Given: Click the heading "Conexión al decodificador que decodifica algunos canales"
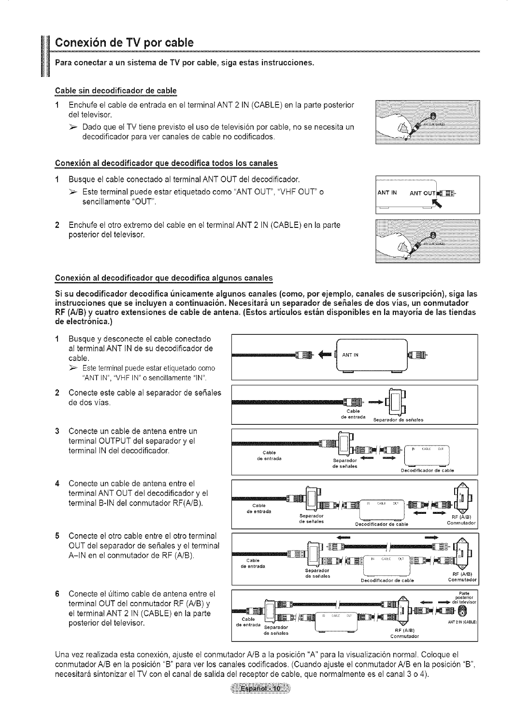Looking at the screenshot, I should click(x=164, y=278).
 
